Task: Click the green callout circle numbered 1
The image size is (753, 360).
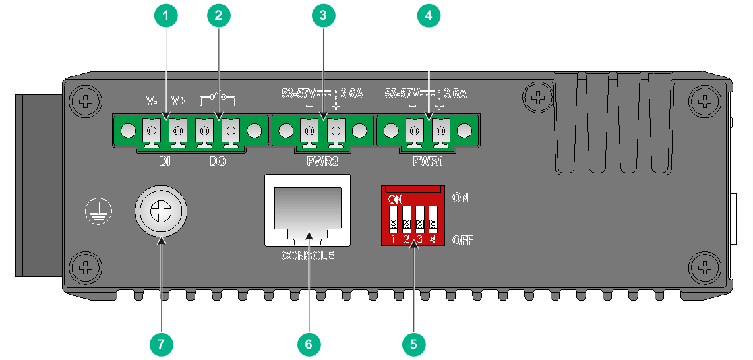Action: [x=166, y=16]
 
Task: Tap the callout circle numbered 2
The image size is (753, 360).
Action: [x=218, y=16]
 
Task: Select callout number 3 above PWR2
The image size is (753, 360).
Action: [x=323, y=16]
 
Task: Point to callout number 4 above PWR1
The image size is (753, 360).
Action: [x=428, y=16]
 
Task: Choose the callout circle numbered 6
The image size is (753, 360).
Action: [x=309, y=344]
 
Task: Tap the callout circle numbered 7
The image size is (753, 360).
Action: [x=161, y=344]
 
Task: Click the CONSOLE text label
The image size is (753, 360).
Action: [x=307, y=256]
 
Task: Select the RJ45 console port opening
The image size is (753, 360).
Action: [x=307, y=210]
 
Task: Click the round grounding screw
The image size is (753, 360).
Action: [x=160, y=211]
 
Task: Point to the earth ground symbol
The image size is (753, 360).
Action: [x=98, y=212]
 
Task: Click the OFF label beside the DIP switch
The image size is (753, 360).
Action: [x=463, y=240]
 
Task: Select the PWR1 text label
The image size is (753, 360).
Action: [x=428, y=162]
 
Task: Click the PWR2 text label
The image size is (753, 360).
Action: [x=322, y=162]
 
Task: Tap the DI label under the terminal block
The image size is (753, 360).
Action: [x=165, y=162]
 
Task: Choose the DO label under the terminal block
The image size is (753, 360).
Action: [x=218, y=162]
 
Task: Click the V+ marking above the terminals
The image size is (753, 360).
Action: [x=178, y=100]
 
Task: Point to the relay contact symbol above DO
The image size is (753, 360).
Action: [x=218, y=99]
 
